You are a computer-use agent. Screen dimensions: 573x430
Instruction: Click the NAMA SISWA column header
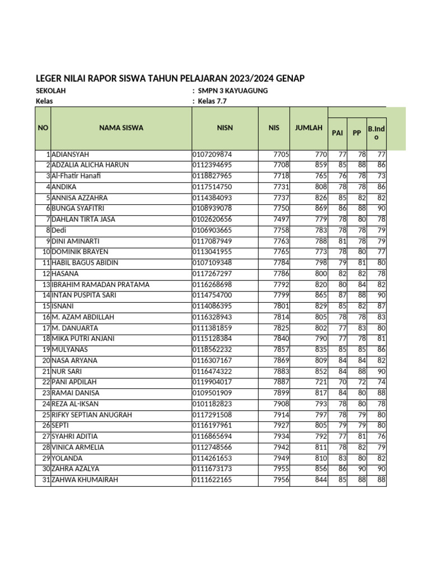pos(121,128)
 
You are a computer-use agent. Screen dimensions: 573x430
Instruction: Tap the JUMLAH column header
pos(309,128)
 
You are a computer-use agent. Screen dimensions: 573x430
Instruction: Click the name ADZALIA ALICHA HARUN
pos(90,165)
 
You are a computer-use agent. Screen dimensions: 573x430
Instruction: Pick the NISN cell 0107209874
pos(212,154)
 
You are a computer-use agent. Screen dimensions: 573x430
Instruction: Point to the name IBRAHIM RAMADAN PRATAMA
pos(100,285)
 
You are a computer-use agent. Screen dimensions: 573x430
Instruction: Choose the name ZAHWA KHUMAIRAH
pos(85,480)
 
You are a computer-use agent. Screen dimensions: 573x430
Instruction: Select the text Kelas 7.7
pos(213,101)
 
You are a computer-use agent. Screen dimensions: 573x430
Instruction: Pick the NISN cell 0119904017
pos(212,382)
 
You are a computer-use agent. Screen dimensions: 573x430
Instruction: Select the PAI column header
pos(337,134)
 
